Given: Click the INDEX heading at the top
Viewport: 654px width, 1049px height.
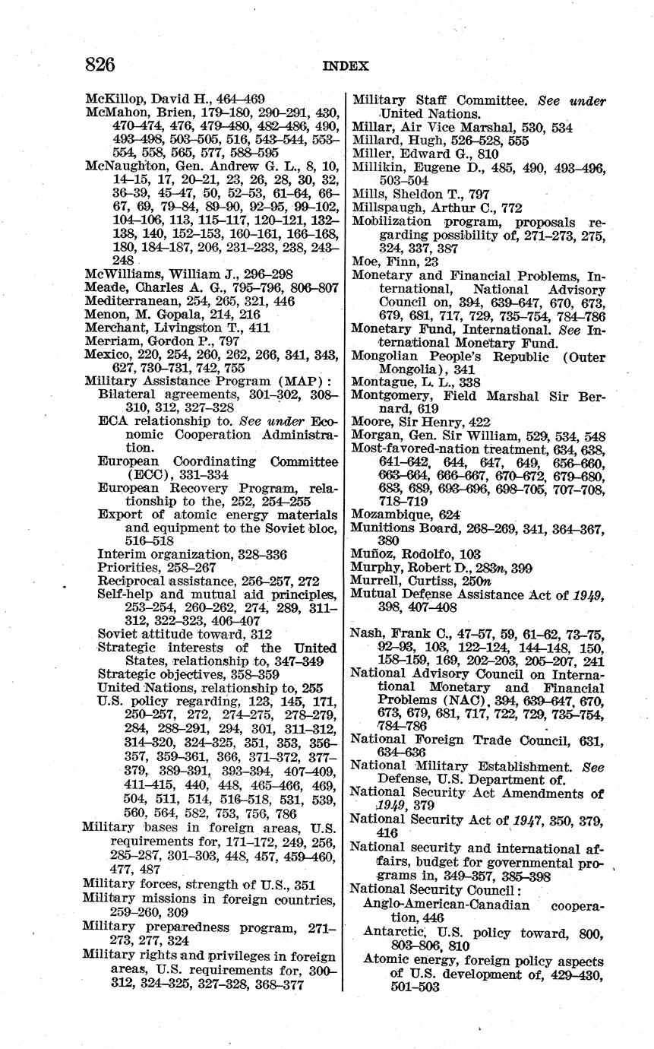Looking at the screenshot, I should [346, 66].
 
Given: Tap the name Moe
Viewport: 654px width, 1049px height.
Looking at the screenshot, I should [365, 261].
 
